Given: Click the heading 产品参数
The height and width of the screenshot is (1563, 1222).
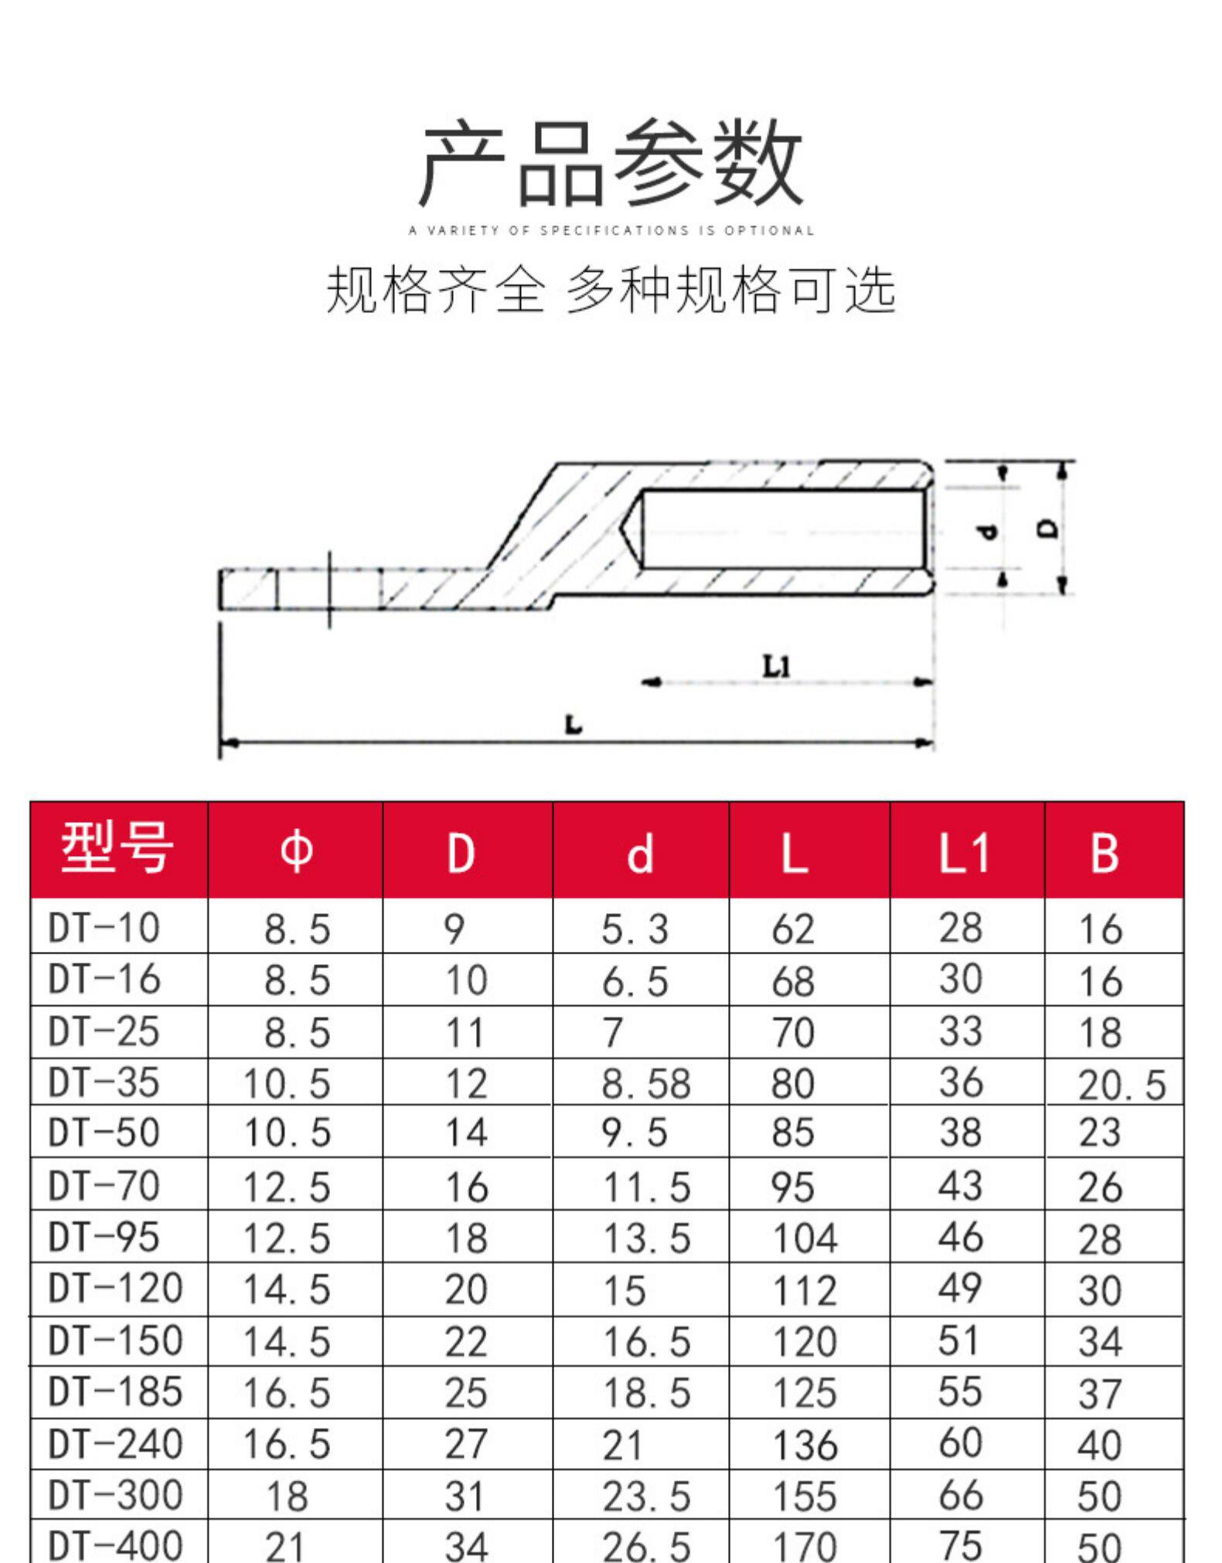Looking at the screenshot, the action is click(x=611, y=164).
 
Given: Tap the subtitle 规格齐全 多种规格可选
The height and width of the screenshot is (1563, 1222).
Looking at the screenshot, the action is click(x=611, y=291).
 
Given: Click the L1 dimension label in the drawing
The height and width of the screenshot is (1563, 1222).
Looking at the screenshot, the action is click(x=777, y=666).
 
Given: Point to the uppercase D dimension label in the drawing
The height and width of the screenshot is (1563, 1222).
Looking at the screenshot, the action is click(x=1048, y=529).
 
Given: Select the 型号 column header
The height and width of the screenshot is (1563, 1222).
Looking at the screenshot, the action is click(x=117, y=849).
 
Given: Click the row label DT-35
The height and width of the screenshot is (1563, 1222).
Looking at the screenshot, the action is click(x=104, y=1082).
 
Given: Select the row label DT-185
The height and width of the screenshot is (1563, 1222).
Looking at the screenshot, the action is click(x=115, y=1391).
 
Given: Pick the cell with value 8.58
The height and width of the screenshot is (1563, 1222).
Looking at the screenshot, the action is click(x=645, y=1083).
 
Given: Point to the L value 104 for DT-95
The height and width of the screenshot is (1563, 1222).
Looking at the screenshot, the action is click(x=804, y=1239).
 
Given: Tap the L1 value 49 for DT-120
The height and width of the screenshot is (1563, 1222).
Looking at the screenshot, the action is click(x=960, y=1288).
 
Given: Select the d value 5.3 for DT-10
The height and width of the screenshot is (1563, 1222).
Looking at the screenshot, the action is click(x=635, y=929).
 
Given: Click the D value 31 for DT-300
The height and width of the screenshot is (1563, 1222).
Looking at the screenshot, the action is click(x=465, y=1496).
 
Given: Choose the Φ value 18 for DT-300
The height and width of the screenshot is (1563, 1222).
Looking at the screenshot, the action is click(x=286, y=1496).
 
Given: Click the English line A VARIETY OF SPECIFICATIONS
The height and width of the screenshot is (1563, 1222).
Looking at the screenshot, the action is click(x=611, y=230).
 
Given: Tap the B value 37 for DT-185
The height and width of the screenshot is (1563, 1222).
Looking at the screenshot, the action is click(x=1099, y=1393).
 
